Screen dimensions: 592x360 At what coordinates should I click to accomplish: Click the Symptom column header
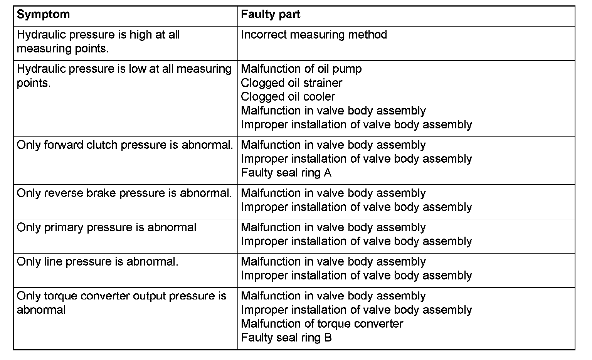tap(43, 15)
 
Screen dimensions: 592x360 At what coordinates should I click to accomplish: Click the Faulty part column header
tap(270, 15)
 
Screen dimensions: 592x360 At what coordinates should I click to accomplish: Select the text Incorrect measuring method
tap(314, 35)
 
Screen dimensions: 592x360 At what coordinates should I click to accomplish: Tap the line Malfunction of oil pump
tap(301, 69)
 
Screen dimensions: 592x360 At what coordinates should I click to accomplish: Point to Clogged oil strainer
tap(291, 83)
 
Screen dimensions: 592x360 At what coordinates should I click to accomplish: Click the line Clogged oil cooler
tap(288, 97)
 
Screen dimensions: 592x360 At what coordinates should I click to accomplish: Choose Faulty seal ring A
tap(286, 173)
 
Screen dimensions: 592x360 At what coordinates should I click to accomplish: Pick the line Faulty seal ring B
tap(286, 338)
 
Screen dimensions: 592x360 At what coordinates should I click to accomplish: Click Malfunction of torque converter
tap(322, 324)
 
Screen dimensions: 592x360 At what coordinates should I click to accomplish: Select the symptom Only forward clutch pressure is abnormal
tap(125, 145)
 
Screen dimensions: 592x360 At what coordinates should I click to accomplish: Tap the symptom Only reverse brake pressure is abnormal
tap(124, 193)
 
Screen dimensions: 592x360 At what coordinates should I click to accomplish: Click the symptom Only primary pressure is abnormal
tap(106, 227)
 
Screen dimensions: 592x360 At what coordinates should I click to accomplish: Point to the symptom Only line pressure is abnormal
tap(98, 262)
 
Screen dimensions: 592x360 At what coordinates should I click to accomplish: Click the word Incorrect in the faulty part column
tap(264, 35)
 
